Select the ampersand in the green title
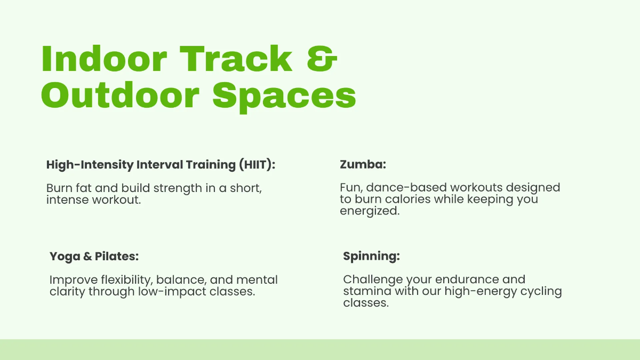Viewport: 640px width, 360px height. (x=322, y=59)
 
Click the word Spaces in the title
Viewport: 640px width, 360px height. (x=284, y=96)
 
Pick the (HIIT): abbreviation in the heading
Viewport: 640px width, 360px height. (x=256, y=165)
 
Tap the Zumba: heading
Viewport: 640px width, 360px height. (x=363, y=165)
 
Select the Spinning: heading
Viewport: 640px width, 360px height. (x=371, y=257)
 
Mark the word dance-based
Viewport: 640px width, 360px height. (x=407, y=188)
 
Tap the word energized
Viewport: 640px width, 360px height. (x=370, y=211)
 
